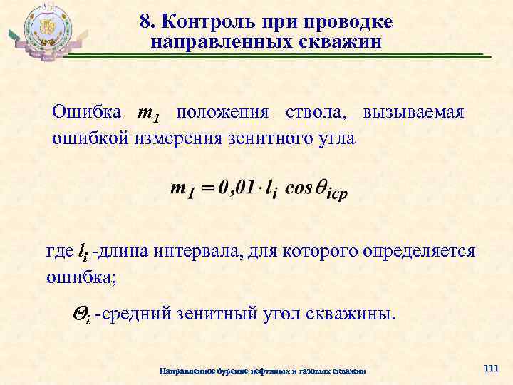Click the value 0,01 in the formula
point(237,189)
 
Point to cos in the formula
point(299,189)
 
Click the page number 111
point(490,368)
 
